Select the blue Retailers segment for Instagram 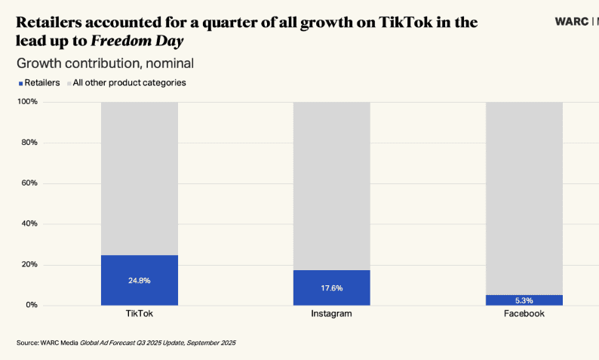[332, 298]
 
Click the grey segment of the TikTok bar [140, 178]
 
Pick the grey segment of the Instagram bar [332, 186]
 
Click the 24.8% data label [140, 281]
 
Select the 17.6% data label [332, 288]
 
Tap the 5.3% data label [524, 300]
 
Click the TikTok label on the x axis [140, 313]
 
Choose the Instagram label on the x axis [331, 313]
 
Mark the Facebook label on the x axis [524, 313]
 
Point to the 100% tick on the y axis [28, 102]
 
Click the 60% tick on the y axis [29, 183]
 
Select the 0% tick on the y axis [32, 305]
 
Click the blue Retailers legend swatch [20, 83]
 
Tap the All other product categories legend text [129, 82]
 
